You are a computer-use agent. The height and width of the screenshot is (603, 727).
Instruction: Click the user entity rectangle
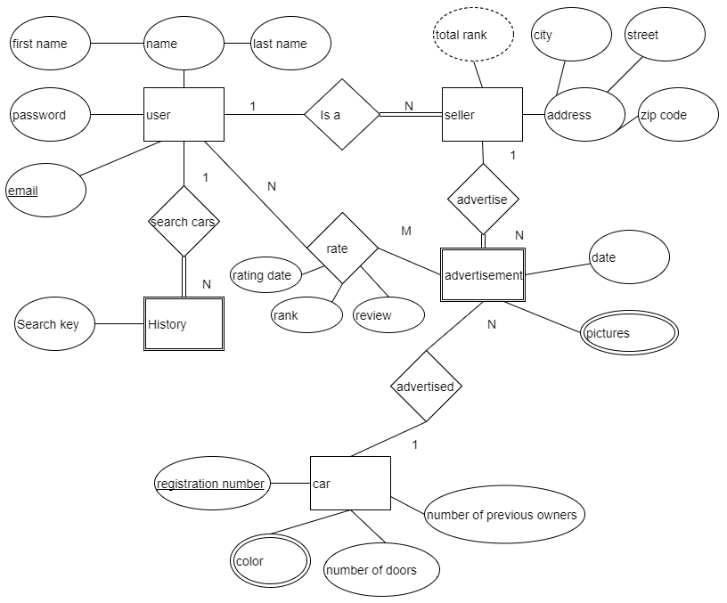tap(184, 114)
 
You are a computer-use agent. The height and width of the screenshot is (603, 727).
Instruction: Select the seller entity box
tap(482, 114)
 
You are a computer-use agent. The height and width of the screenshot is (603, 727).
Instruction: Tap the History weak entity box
tap(184, 323)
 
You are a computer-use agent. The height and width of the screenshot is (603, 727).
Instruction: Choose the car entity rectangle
tap(350, 483)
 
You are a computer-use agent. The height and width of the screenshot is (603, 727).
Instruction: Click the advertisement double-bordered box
tap(483, 275)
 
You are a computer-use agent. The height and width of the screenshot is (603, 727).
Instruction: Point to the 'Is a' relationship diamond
tap(342, 114)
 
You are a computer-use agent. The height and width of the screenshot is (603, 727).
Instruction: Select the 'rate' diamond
tap(343, 248)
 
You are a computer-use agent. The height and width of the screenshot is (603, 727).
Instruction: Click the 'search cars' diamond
tap(184, 222)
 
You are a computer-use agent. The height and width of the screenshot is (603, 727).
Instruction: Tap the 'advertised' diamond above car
tap(426, 386)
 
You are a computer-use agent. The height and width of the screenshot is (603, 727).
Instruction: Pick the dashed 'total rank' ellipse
tap(473, 35)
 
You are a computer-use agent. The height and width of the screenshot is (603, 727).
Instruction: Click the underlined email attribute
tap(46, 190)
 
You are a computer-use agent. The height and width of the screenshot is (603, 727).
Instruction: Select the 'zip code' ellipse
tap(678, 115)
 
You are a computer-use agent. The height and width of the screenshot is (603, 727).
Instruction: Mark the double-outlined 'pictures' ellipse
tap(629, 333)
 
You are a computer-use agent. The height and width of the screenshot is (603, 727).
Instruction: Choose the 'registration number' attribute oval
tap(212, 483)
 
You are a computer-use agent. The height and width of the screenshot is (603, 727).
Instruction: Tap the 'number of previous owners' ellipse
tap(504, 514)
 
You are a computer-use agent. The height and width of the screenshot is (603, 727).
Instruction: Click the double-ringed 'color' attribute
tap(270, 561)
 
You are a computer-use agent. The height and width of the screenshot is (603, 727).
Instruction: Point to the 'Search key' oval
tap(54, 323)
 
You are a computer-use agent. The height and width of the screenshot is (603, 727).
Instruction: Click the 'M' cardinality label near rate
tap(406, 231)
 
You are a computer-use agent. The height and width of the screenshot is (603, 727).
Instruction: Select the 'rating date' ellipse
tap(266, 275)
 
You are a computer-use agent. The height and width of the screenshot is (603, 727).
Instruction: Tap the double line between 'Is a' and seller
tap(411, 114)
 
